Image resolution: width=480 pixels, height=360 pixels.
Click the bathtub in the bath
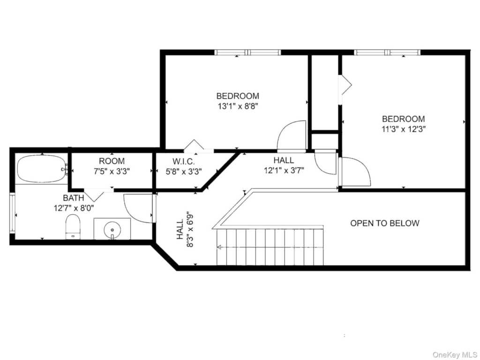click(41, 169)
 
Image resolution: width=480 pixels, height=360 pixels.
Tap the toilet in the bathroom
click(73, 227)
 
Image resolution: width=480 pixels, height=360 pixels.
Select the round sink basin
click(112, 230)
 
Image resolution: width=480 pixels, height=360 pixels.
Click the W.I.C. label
click(183, 161)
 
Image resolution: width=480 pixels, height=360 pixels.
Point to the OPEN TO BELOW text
click(384, 223)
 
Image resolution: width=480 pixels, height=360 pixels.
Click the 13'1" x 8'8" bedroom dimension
click(238, 106)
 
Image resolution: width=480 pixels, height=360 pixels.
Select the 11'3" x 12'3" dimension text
click(404, 129)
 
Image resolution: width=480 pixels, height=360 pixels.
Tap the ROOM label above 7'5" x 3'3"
click(112, 161)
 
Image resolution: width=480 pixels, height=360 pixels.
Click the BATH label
click(74, 198)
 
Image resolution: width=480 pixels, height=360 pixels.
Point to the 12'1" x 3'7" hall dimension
click(284, 170)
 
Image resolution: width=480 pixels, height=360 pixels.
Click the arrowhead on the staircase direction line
click(219, 247)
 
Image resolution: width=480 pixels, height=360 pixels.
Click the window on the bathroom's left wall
click(12, 212)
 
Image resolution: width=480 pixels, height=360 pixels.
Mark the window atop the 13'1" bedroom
click(247, 52)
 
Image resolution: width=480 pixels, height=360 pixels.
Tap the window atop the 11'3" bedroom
click(387, 52)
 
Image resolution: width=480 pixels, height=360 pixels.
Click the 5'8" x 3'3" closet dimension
click(184, 172)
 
